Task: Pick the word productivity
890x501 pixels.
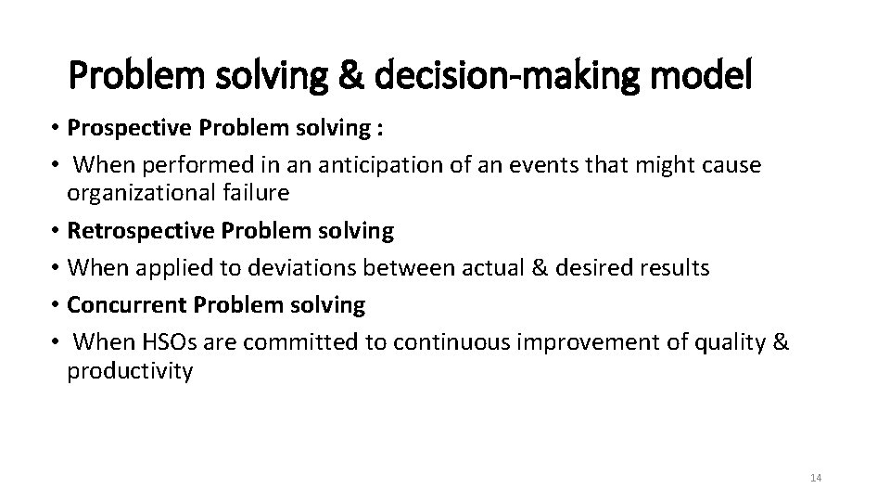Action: [130, 371]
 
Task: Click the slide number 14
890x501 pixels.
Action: [816, 478]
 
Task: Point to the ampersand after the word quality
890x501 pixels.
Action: [781, 342]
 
